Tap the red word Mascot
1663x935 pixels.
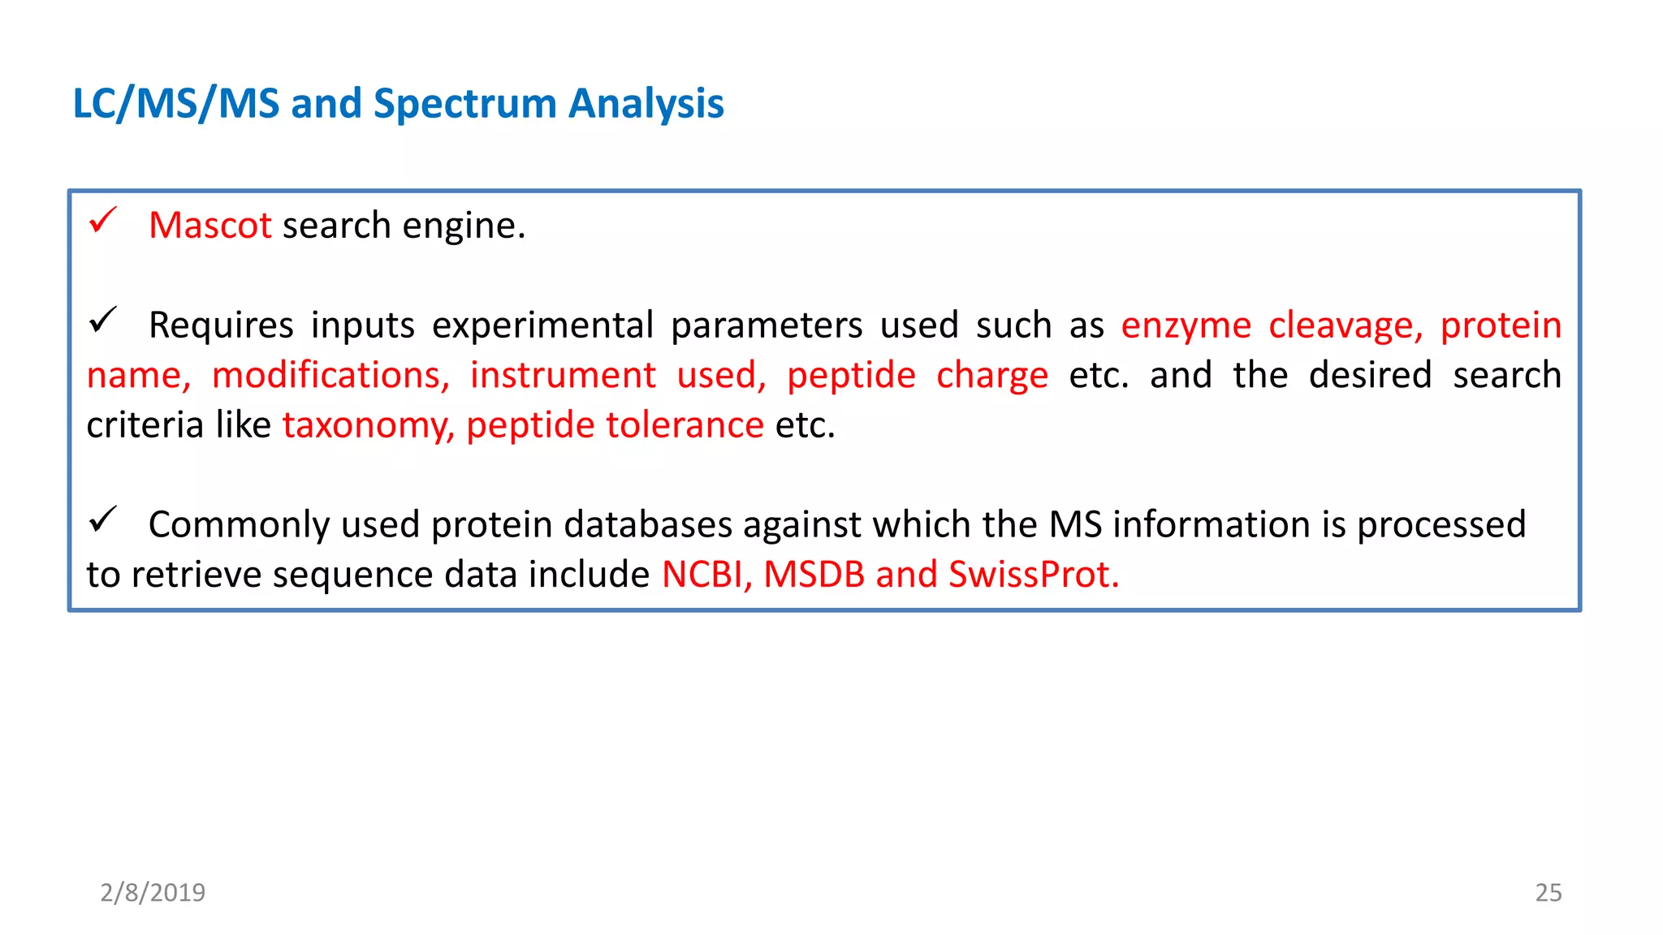coord(210,226)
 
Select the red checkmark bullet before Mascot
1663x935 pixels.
coord(103,220)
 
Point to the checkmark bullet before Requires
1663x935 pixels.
coord(103,320)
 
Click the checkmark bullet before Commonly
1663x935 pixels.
coord(103,519)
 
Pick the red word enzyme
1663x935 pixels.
coord(1186,326)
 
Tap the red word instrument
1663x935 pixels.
coord(563,376)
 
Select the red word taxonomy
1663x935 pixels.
coord(368,426)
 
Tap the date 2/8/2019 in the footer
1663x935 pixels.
coord(153,893)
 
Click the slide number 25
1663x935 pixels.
coord(1548,893)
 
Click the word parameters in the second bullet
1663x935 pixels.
coord(767,326)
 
